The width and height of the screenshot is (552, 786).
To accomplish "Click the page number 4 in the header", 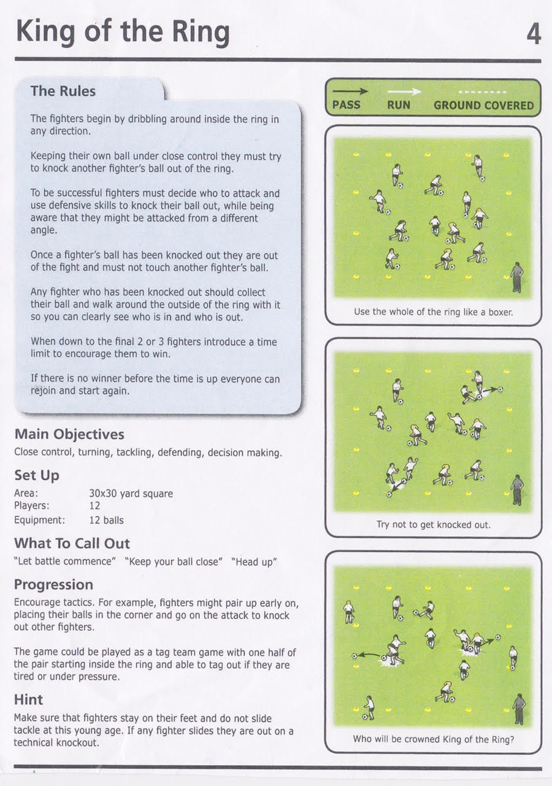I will (533, 34).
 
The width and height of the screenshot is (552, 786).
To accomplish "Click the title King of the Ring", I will (123, 32).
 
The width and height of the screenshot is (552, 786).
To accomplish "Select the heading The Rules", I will (63, 91).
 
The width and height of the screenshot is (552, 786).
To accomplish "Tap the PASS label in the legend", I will (347, 105).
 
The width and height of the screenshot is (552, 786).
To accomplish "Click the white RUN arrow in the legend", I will (404, 91).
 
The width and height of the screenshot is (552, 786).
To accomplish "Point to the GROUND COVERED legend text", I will (483, 105).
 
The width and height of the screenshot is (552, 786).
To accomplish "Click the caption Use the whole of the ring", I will (433, 311).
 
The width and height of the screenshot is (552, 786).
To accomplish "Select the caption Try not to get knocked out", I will (433, 524).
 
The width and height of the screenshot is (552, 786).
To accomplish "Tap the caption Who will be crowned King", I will (433, 739).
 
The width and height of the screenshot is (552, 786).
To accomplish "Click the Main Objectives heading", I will (69, 434).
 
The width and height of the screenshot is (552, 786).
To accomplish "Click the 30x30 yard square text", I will (131, 493).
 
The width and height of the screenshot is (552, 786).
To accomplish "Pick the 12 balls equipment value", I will (106, 520).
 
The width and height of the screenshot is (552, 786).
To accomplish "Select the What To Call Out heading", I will (72, 543).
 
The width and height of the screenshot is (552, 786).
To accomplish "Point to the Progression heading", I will (53, 584).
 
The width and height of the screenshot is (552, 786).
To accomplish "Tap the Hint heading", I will (28, 699).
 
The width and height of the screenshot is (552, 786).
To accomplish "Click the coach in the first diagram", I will (517, 277).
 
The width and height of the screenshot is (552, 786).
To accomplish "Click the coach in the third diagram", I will (519, 709).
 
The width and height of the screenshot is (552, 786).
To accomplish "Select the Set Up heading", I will (37, 475).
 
